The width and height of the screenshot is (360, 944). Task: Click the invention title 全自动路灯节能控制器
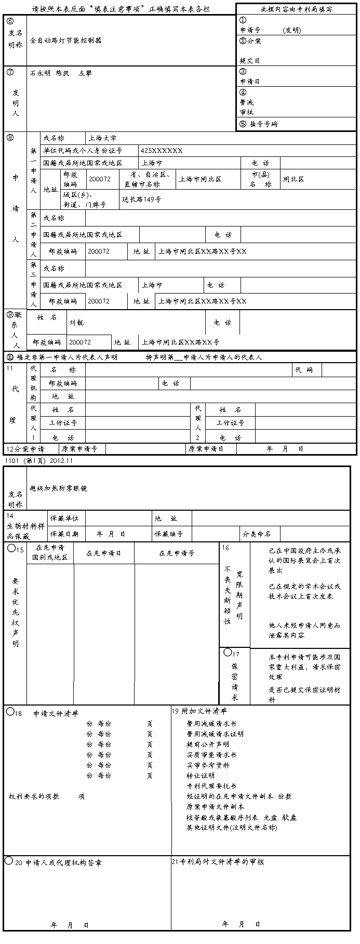[65, 41]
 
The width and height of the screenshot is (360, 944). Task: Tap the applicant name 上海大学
[102, 138]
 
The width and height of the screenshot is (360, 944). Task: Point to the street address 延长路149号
[141, 200]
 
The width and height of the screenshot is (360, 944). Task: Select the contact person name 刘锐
[76, 323]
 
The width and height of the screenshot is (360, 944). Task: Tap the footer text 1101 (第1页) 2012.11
[38, 460]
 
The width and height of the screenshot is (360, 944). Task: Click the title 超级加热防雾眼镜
[58, 488]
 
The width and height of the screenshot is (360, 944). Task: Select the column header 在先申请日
[103, 553]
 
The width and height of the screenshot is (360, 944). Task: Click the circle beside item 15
[11, 549]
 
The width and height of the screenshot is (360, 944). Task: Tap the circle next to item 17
[228, 652]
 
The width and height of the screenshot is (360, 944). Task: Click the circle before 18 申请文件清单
[10, 712]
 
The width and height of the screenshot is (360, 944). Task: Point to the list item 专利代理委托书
[211, 786]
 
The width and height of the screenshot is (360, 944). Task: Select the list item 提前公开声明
[208, 744]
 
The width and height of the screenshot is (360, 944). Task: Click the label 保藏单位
[64, 518]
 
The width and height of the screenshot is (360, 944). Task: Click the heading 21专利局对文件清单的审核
[218, 862]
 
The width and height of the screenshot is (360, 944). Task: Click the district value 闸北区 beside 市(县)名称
[294, 179]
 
